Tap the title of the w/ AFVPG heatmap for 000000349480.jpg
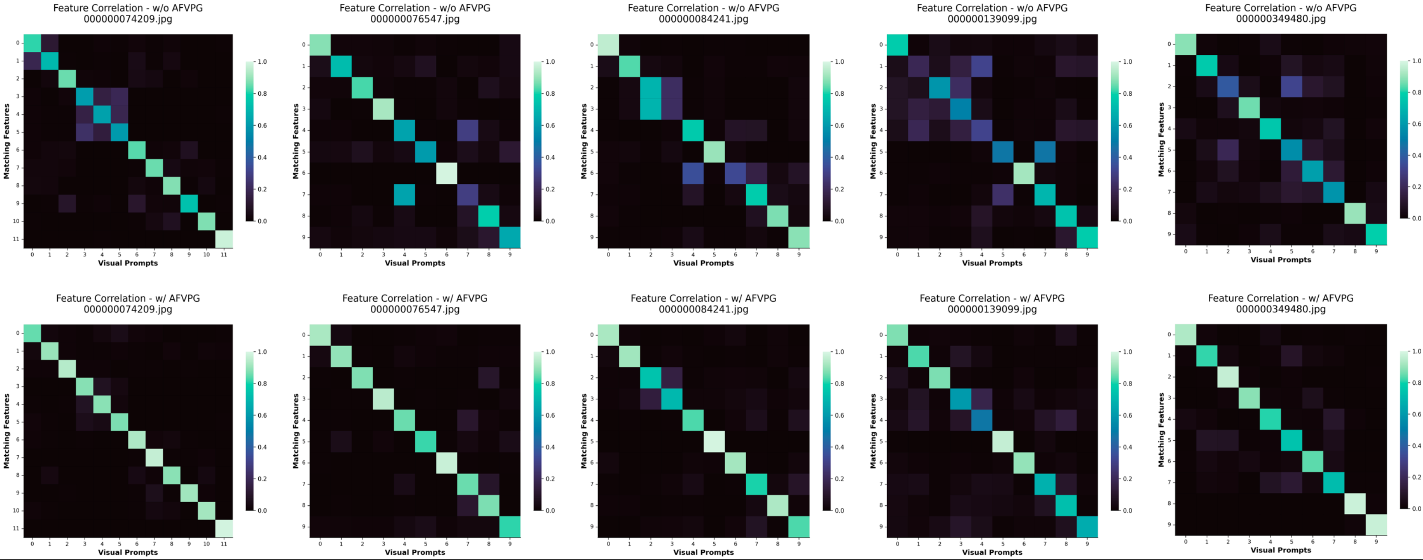pyautogui.click(x=1281, y=303)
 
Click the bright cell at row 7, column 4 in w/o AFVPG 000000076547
pyautogui.click(x=404, y=195)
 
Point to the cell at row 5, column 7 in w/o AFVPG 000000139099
pyautogui.click(x=1045, y=152)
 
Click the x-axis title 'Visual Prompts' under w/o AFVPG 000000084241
pyautogui.click(x=703, y=263)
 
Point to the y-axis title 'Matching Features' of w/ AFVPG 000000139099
pyautogui.click(x=873, y=431)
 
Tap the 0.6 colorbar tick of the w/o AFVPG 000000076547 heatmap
pyautogui.click(x=550, y=125)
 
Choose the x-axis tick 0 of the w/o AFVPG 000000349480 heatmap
pyautogui.click(x=1185, y=251)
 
